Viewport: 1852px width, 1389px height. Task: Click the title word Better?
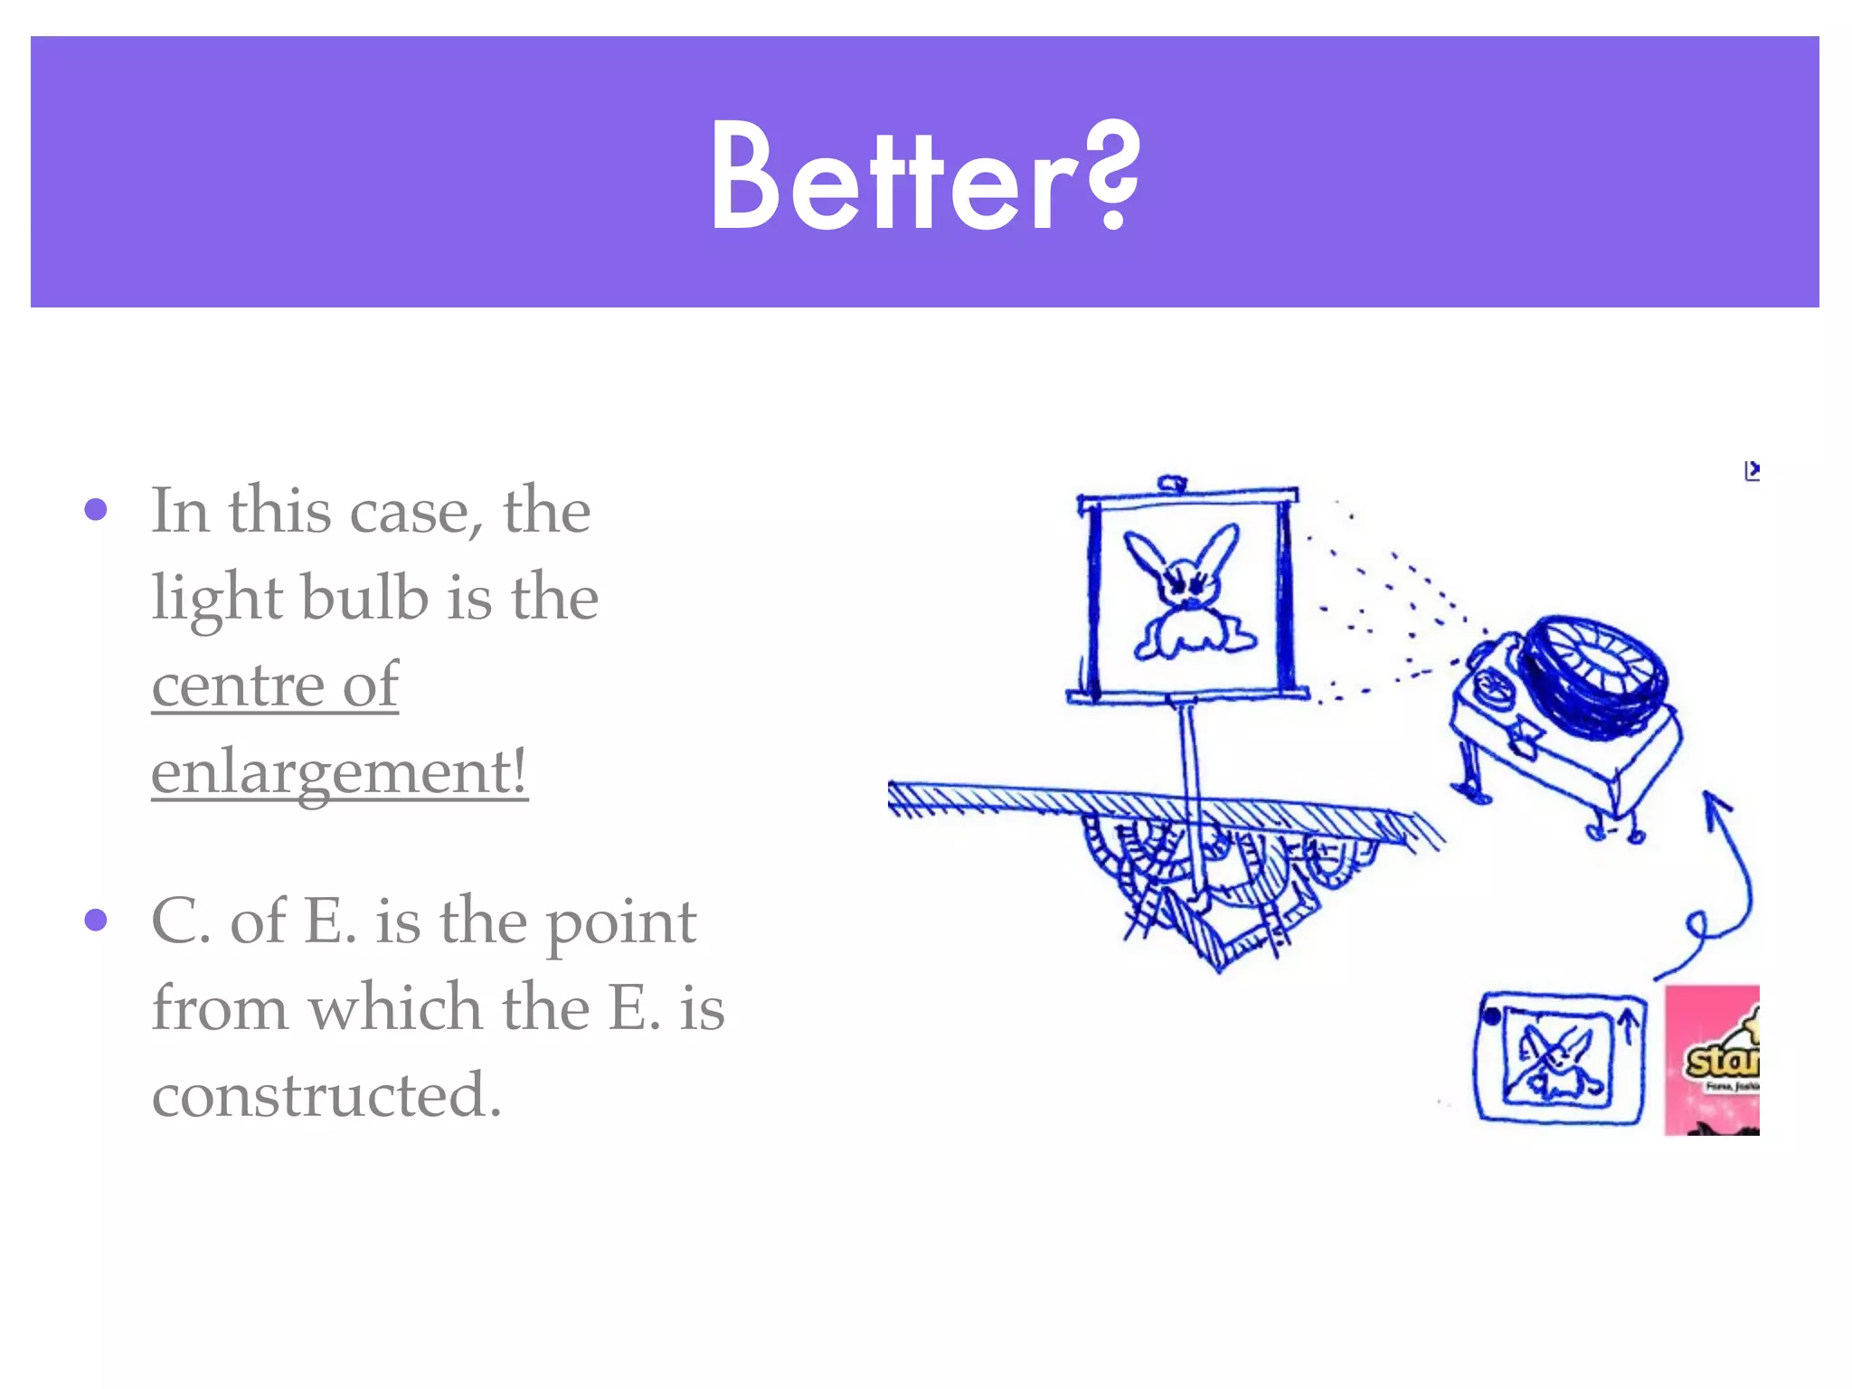(x=924, y=175)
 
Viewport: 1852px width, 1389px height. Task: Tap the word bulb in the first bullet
(x=364, y=598)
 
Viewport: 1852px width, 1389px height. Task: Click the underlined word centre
(x=237, y=685)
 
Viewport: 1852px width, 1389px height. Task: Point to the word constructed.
(x=326, y=1094)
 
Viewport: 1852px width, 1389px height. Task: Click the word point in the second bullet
(x=621, y=922)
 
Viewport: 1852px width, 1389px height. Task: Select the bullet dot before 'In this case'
(x=96, y=510)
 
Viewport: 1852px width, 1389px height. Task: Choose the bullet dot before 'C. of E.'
(x=96, y=921)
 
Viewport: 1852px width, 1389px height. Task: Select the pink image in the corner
(x=1712, y=1060)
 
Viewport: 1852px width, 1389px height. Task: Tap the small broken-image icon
(x=1752, y=471)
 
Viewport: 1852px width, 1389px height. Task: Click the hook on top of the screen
(x=1172, y=484)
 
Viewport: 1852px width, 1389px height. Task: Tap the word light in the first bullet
(x=217, y=598)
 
